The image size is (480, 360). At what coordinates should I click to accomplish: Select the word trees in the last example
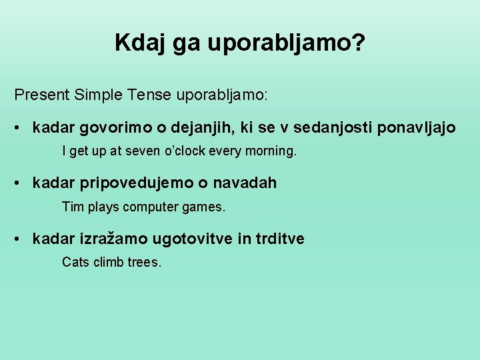(142, 263)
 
